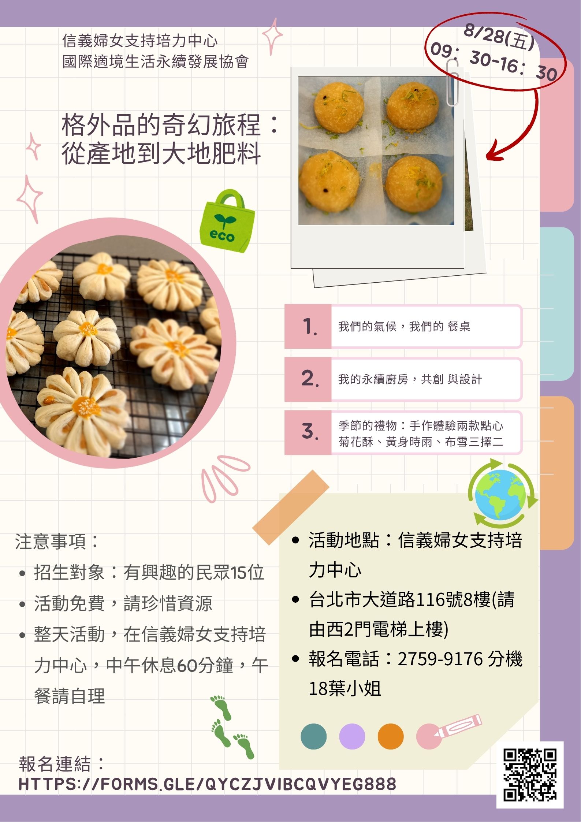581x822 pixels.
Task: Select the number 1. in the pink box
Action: point(310,326)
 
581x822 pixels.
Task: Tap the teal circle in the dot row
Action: point(313,736)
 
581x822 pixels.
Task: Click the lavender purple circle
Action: point(352,736)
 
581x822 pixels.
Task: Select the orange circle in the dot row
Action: point(391,736)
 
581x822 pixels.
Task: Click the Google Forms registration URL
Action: point(207,784)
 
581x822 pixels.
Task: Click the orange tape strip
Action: point(291,508)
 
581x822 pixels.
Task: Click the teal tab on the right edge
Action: point(557,304)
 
